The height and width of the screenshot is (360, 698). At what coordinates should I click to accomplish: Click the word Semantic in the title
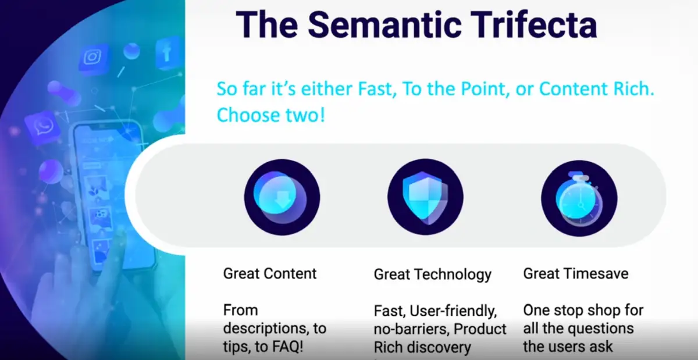[384, 24]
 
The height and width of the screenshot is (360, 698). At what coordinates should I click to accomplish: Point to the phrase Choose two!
[271, 115]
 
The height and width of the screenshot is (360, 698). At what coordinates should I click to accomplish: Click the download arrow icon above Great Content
[282, 197]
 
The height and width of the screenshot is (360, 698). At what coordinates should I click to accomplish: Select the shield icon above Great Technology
[425, 197]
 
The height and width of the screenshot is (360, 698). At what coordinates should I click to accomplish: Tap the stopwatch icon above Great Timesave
[579, 198]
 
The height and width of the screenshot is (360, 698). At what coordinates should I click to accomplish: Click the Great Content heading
[270, 274]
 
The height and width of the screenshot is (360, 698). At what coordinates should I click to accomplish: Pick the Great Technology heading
[433, 275]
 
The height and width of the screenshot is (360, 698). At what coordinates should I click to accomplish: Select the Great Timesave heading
[576, 274]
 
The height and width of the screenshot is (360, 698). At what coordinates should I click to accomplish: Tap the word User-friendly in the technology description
[453, 311]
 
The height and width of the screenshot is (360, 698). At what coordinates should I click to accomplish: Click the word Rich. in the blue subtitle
[634, 89]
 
